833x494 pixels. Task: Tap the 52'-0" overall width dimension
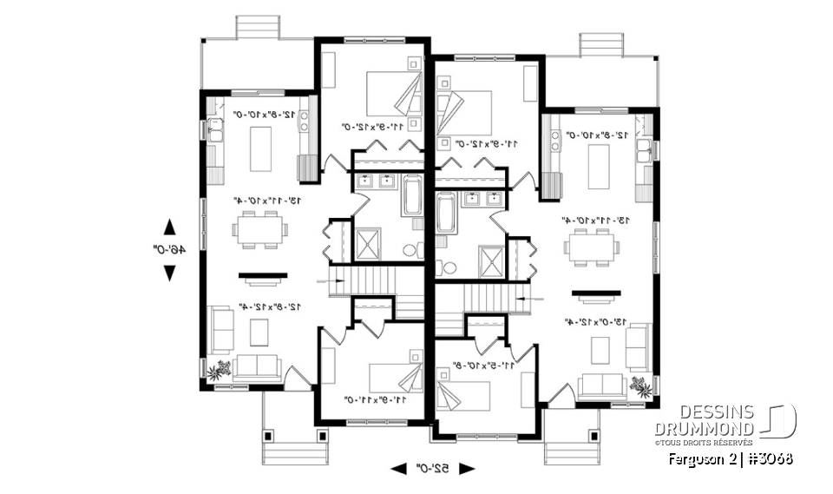[x=433, y=469]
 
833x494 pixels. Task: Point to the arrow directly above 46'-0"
[x=171, y=227]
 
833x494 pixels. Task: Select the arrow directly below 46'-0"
[x=171, y=273]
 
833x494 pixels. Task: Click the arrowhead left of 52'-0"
[x=398, y=469]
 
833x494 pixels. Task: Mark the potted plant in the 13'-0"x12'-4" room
[x=641, y=385]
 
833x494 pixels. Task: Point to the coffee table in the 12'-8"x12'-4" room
[x=258, y=333]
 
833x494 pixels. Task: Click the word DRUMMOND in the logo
[x=704, y=427]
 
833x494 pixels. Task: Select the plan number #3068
[x=768, y=458]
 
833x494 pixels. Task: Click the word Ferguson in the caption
[x=692, y=458]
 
